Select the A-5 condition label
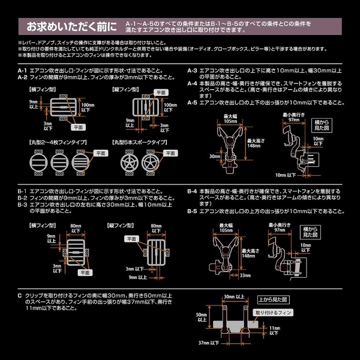(193, 102)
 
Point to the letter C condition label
(20, 295)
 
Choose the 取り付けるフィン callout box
(273, 313)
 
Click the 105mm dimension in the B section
(226, 230)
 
